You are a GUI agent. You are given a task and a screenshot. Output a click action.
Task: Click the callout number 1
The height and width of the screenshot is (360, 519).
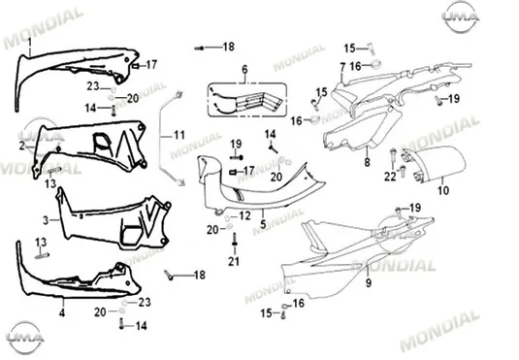pyautogui.click(x=30, y=43)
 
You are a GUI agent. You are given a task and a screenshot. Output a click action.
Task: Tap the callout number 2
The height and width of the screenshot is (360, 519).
pyautogui.click(x=22, y=146)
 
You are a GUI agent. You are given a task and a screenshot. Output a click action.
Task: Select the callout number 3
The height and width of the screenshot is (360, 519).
pyautogui.click(x=46, y=220)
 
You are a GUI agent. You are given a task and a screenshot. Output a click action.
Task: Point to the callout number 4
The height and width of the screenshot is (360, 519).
pyautogui.click(x=62, y=312)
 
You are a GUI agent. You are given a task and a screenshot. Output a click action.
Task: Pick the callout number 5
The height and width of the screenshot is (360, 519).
pyautogui.click(x=263, y=224)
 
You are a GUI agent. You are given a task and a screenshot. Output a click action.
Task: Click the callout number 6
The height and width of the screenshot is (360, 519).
pyautogui.click(x=244, y=70)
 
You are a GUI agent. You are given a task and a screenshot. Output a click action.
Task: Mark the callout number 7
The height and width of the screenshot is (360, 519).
pyautogui.click(x=342, y=68)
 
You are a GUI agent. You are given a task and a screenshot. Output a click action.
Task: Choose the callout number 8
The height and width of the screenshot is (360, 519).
pyautogui.click(x=367, y=162)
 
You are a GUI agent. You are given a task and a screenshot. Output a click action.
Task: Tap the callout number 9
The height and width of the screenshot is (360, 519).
pyautogui.click(x=369, y=282)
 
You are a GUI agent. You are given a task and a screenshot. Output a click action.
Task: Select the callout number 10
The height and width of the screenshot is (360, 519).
pyautogui.click(x=443, y=190)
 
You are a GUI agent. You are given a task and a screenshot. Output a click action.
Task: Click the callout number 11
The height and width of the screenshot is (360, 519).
pyautogui.click(x=179, y=135)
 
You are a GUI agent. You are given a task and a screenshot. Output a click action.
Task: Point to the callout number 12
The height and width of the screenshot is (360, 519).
pyautogui.click(x=244, y=216)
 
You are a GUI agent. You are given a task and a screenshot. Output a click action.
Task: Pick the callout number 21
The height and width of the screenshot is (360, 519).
pyautogui.click(x=234, y=262)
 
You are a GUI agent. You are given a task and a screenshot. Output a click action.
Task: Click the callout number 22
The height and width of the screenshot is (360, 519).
pyautogui.click(x=390, y=177)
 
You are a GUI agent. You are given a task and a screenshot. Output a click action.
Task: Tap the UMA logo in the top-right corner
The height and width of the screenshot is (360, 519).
pyautogui.click(x=461, y=16)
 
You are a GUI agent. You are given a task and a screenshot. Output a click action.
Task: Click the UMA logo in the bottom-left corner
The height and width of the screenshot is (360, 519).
pyautogui.click(x=25, y=338)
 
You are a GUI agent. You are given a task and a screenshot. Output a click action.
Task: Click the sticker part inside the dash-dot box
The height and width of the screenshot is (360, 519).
pyautogui.click(x=246, y=100)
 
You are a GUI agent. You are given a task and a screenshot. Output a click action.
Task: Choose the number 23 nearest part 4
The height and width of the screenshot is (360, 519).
pyautogui.click(x=145, y=302)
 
